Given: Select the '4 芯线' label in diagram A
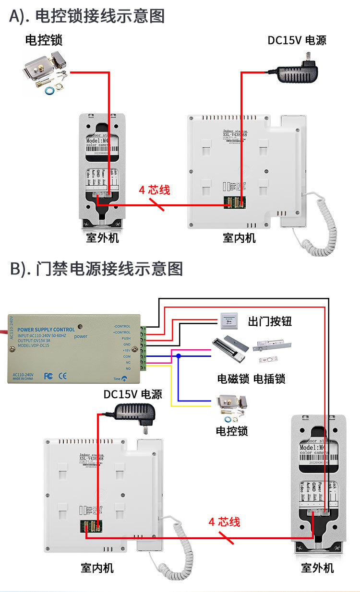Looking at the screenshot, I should (155, 189).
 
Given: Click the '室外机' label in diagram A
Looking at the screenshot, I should (102, 237).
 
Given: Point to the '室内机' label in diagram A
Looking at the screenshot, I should (239, 237).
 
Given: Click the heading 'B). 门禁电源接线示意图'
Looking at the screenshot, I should (96, 269).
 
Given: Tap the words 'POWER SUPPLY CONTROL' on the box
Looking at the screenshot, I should (46, 330).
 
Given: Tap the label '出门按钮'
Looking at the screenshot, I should (270, 321).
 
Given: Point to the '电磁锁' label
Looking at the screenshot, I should (233, 379).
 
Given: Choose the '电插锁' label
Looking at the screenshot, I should (269, 379).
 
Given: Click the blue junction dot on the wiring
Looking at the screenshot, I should (178, 356).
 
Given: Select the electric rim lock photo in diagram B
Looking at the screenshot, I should (232, 406).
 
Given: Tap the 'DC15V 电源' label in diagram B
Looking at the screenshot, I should (133, 394).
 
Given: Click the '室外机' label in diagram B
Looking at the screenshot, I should (317, 568).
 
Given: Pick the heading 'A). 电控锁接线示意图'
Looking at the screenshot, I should (87, 16).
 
